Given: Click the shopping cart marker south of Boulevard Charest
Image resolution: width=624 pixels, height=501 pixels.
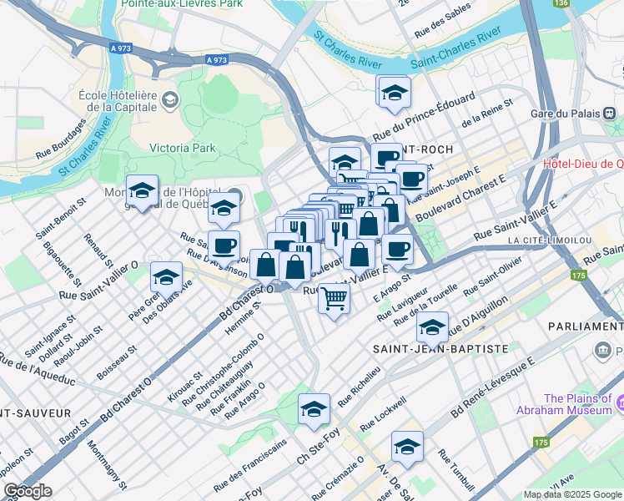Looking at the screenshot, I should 334,297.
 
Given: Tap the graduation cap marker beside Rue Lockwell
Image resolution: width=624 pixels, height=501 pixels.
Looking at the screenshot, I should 407,446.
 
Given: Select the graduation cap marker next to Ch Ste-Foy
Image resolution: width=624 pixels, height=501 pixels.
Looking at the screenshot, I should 314,409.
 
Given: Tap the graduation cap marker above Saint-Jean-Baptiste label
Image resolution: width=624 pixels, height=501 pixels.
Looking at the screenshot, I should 432,327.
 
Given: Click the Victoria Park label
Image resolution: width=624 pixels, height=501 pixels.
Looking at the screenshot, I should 182,148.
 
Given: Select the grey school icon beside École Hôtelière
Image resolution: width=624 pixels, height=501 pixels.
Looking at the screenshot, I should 169,100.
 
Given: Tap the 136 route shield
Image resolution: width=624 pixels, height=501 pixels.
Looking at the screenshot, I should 561,4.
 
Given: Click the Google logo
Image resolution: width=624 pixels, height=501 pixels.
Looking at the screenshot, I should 28,491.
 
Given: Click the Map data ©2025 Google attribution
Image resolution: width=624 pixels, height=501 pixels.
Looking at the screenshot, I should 572,494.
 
